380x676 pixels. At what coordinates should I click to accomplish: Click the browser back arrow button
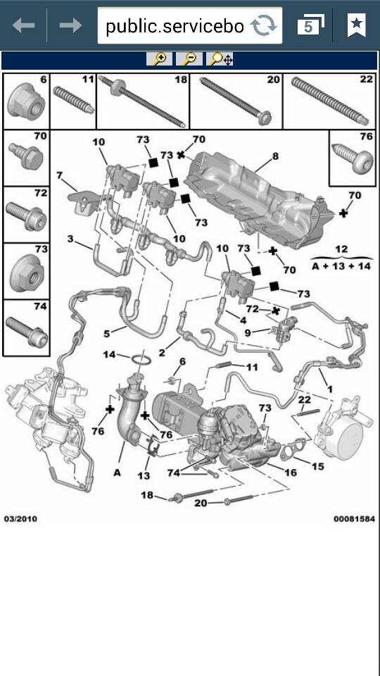(x=23, y=26)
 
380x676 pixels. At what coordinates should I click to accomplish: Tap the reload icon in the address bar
(x=264, y=26)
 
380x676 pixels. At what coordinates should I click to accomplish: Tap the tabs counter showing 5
(x=309, y=26)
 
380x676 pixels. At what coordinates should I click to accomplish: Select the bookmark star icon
(x=356, y=26)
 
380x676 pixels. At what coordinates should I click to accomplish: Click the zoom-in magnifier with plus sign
(x=160, y=59)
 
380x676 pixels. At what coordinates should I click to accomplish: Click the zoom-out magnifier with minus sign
(x=190, y=59)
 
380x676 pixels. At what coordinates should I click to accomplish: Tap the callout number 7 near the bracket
(x=60, y=175)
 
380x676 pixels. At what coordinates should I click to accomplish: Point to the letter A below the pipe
(x=117, y=472)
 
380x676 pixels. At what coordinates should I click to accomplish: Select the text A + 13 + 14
(x=341, y=267)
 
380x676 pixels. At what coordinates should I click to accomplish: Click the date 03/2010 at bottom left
(x=20, y=519)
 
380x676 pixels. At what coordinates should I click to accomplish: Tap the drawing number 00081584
(x=354, y=519)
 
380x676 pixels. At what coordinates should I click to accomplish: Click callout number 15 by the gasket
(x=318, y=465)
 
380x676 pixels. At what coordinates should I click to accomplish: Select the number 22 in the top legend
(x=366, y=80)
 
